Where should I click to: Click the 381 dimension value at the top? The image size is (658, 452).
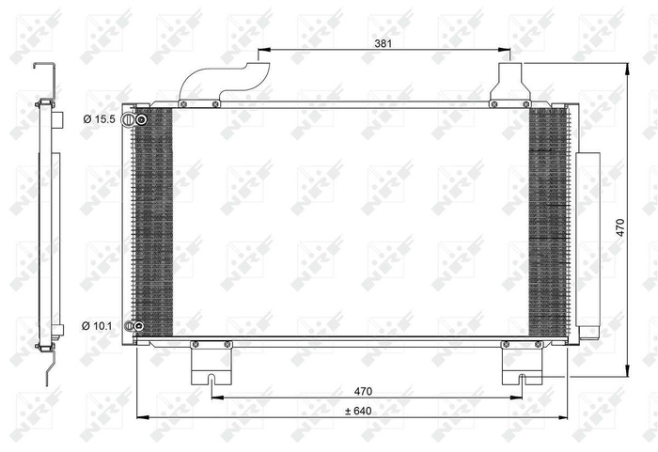point(383,43)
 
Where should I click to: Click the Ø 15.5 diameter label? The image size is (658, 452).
point(98,119)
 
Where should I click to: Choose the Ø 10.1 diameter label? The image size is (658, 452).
point(98,326)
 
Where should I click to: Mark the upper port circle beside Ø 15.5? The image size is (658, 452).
point(141,119)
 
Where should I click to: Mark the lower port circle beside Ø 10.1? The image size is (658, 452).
point(139,326)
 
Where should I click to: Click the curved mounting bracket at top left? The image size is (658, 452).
point(222,81)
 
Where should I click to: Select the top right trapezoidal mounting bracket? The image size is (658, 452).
point(509,83)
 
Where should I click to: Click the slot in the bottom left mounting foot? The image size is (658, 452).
point(211,381)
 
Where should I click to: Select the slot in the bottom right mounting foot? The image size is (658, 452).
point(522,380)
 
